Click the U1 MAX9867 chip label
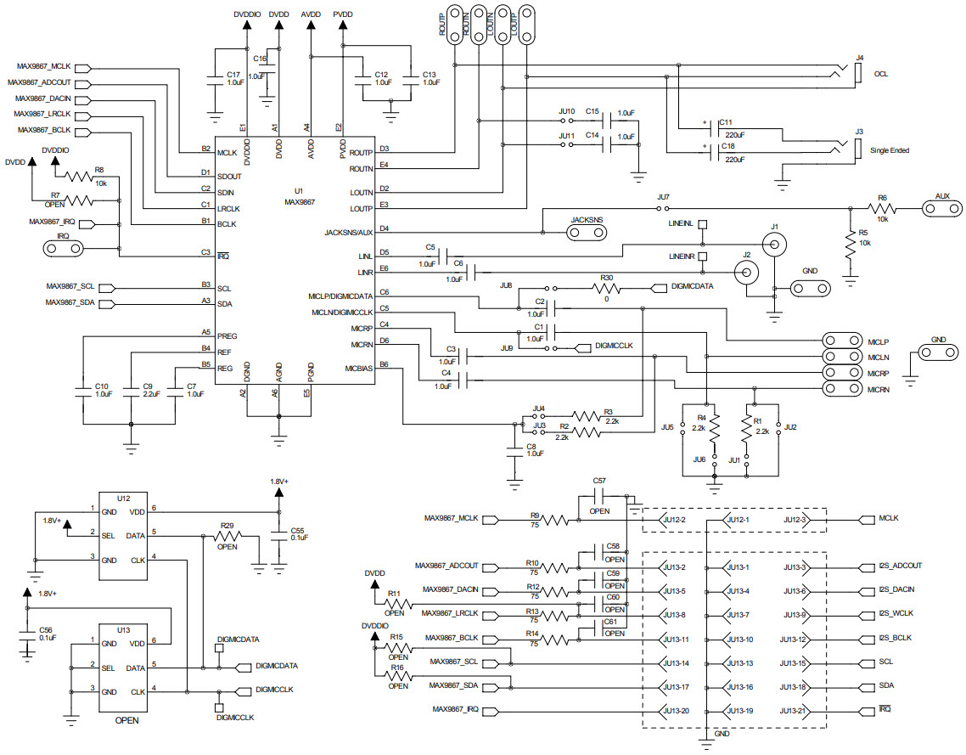click(x=299, y=197)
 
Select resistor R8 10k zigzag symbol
click(x=77, y=177)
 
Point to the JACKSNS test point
click(x=587, y=232)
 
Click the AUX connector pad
click(x=941, y=207)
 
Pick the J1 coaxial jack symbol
click(x=773, y=245)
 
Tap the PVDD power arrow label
click(x=343, y=14)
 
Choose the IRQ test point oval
click(x=63, y=248)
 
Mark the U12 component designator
click(x=124, y=499)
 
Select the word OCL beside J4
click(x=881, y=74)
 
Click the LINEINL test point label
click(x=682, y=223)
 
